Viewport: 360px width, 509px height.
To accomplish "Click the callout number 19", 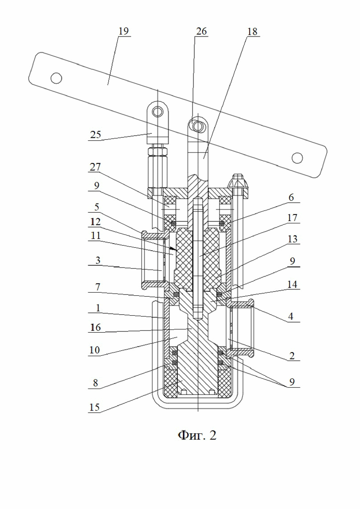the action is pos(124,31).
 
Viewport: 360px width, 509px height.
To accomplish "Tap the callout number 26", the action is pos(201,31).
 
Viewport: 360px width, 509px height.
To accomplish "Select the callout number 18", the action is pos(252,32).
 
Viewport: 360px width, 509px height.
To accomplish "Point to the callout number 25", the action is pos(96,134).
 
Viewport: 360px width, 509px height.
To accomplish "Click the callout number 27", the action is pos(96,167).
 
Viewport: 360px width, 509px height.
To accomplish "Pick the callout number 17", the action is pos(292,217).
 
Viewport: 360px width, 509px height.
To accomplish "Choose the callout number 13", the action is pos(292,239).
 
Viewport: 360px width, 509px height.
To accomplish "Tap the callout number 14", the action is pos(292,284).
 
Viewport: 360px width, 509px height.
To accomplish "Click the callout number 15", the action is pos(95,407).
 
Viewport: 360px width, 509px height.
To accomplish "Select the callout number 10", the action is pos(95,350).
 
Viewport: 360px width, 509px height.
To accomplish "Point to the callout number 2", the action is pos(292,356).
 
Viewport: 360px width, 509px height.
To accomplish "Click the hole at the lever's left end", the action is pos(56,78).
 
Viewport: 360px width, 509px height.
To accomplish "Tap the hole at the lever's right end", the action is pos(297,158).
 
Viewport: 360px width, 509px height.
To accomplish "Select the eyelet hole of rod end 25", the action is pos(158,112).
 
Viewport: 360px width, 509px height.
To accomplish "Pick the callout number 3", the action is pos(97,260).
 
